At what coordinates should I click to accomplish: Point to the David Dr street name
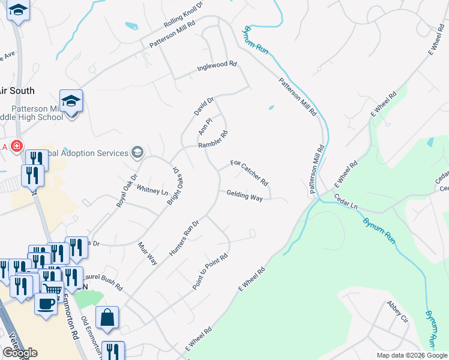click(x=204, y=107)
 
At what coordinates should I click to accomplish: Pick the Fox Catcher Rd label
click(x=249, y=172)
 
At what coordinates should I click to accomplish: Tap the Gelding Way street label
click(x=244, y=196)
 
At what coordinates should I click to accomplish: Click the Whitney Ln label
click(x=152, y=190)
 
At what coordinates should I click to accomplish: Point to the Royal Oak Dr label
click(x=127, y=190)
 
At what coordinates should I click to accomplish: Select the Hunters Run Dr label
click(x=184, y=238)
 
